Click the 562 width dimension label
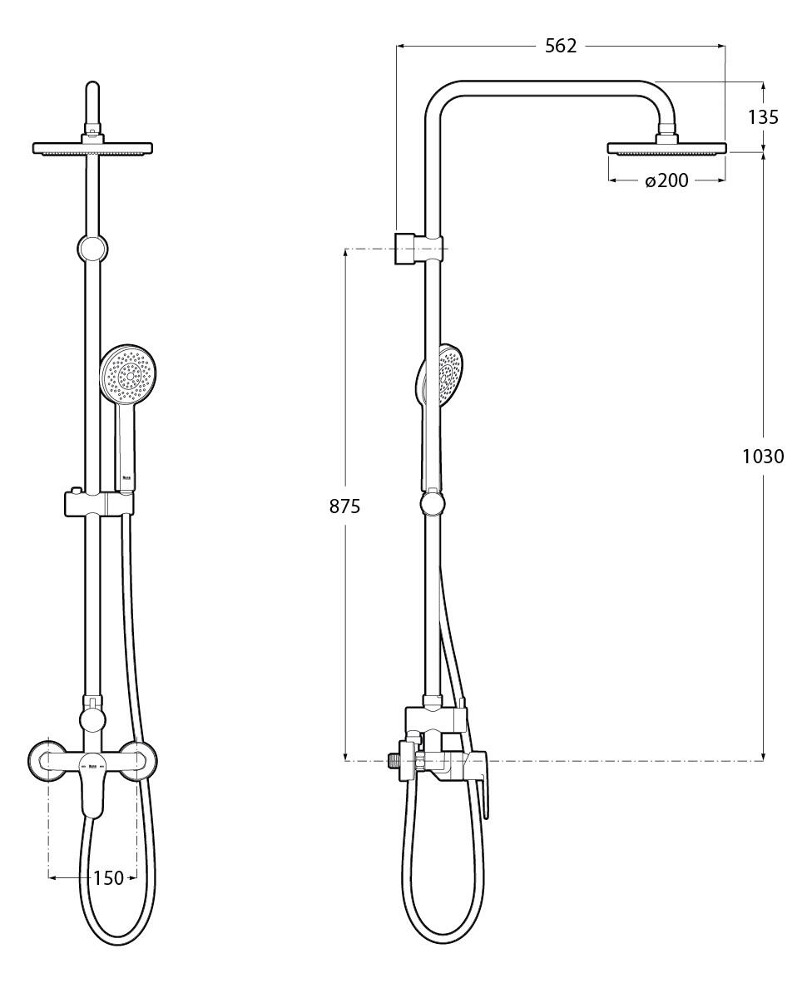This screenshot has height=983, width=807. pos(561,47)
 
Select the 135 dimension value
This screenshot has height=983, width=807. pos(763,117)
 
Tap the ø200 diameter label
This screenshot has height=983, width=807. pos(666,180)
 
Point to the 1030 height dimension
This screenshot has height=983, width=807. pos(763,456)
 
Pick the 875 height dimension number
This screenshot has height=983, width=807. pos(344,506)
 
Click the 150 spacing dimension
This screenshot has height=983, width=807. pos(108,877)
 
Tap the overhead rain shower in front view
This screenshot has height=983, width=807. pos(92,149)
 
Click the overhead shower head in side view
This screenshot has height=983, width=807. pos(666,149)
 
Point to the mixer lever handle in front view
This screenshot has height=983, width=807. pos(92,790)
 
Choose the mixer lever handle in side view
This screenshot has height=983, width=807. pos(484,790)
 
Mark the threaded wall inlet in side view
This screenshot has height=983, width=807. pos(394,759)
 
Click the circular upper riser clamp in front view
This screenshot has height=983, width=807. pos(92,248)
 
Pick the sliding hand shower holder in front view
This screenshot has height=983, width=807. pos(97,503)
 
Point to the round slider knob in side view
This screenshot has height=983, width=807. pos(433,504)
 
